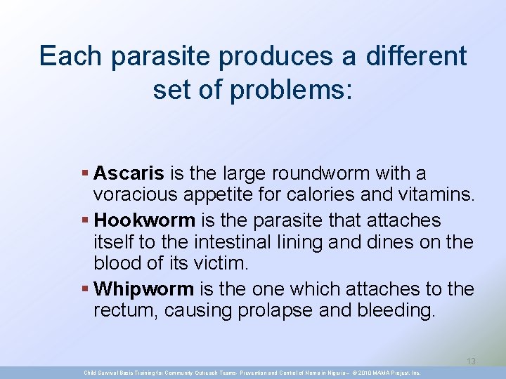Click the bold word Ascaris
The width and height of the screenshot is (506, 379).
[x=129, y=173]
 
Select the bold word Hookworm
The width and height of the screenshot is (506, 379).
[x=145, y=220]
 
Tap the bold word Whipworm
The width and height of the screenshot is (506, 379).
[x=144, y=289]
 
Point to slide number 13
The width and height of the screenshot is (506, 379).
[x=471, y=361]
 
